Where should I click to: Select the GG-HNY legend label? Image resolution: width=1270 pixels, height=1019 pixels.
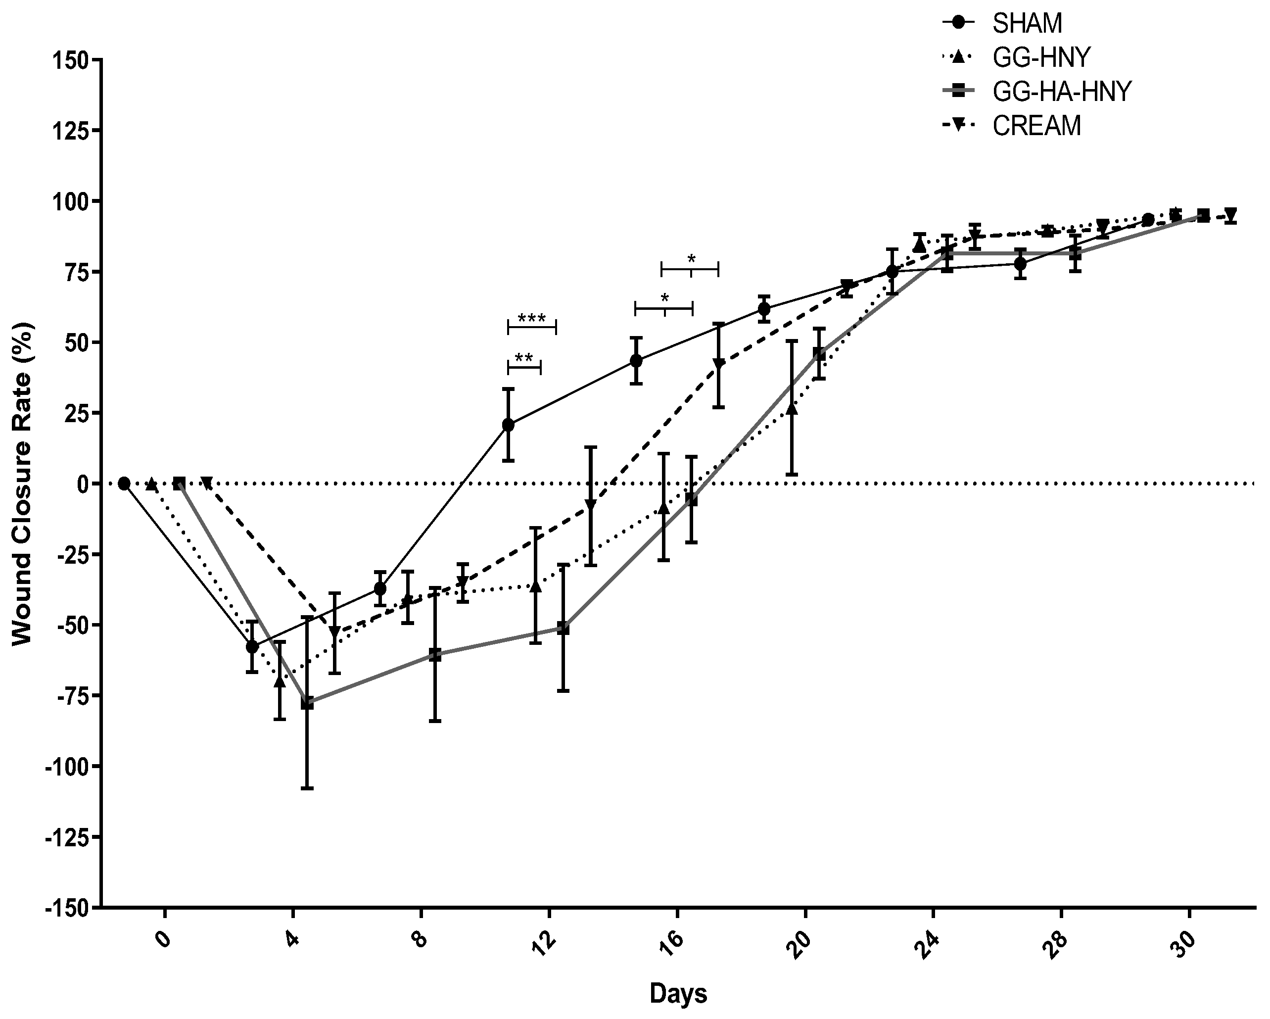[1041, 57]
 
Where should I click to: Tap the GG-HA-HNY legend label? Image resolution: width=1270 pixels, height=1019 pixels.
[1062, 92]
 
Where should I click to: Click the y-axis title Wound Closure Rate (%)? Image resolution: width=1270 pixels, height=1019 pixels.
[22, 484]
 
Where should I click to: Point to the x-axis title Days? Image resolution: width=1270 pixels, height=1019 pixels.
[678, 993]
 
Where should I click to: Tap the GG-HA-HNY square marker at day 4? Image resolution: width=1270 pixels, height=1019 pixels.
[307, 703]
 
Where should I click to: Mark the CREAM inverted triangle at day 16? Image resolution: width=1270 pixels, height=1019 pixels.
[718, 364]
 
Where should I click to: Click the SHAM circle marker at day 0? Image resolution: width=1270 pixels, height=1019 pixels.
[124, 484]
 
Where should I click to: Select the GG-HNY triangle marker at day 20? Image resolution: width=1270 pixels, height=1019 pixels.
[792, 408]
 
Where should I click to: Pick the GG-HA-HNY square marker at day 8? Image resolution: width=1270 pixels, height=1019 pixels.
[435, 654]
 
